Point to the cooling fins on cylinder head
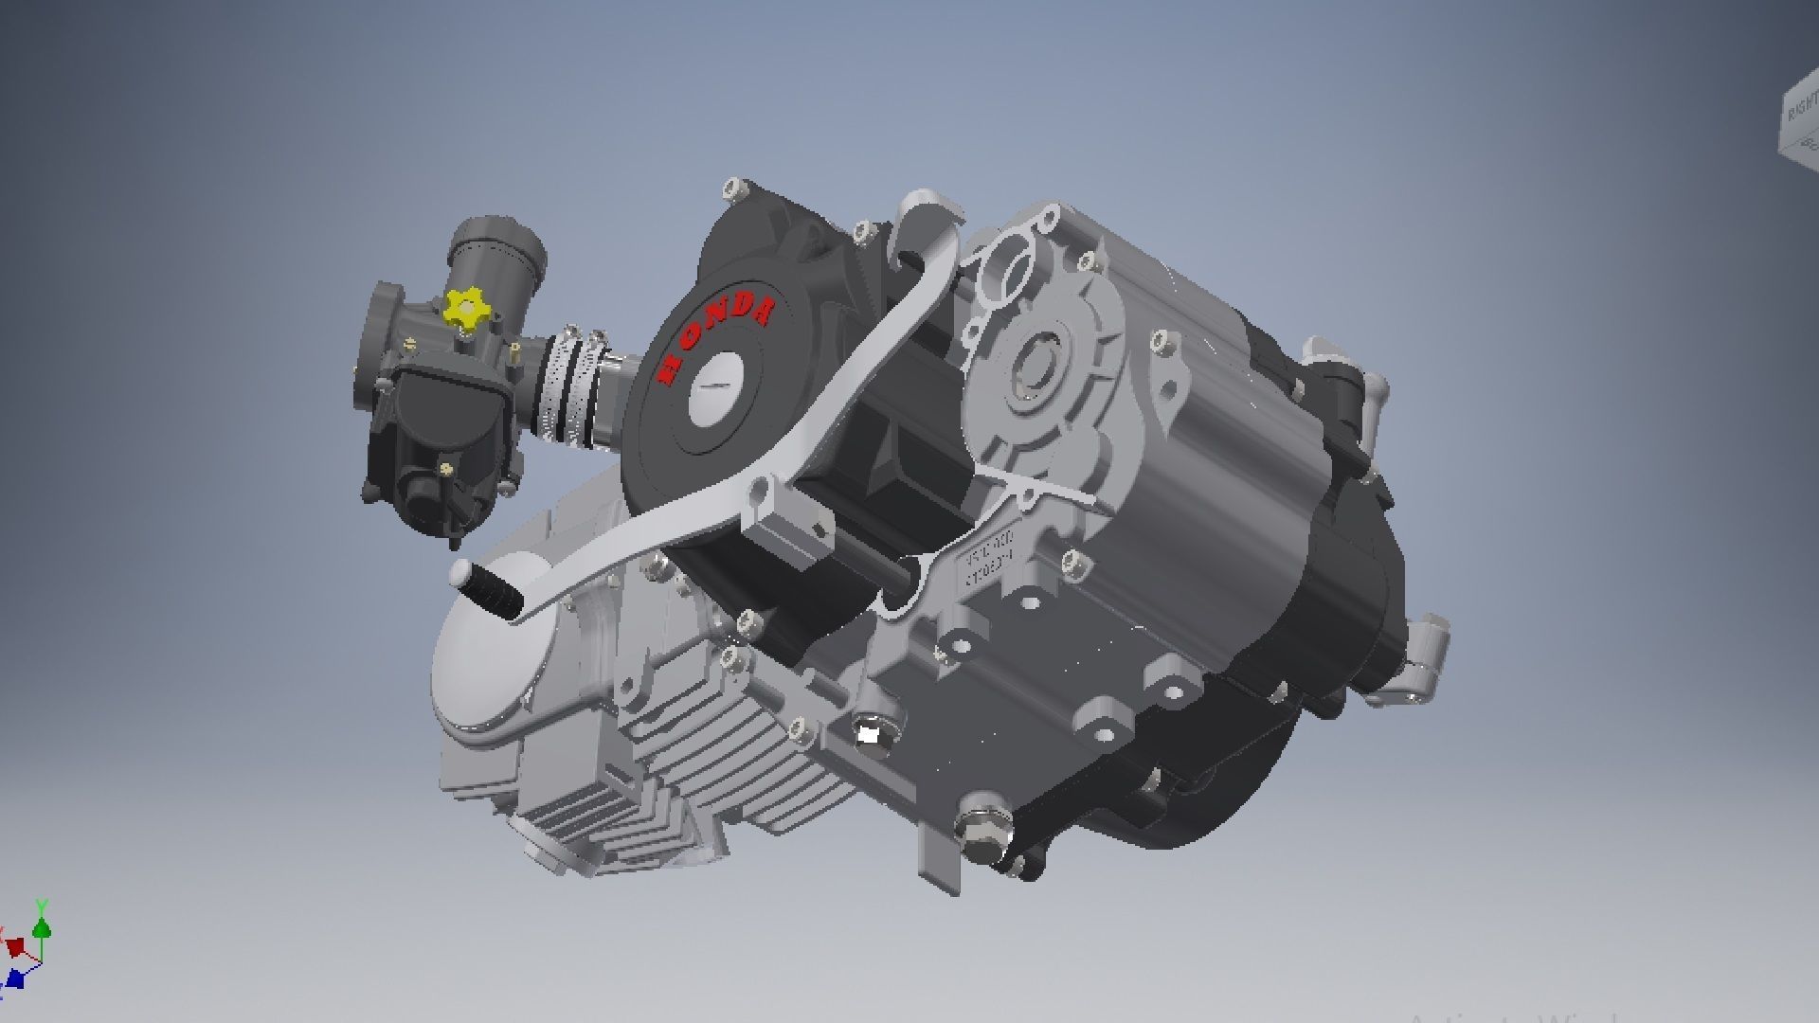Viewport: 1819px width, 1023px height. click(x=606, y=815)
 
